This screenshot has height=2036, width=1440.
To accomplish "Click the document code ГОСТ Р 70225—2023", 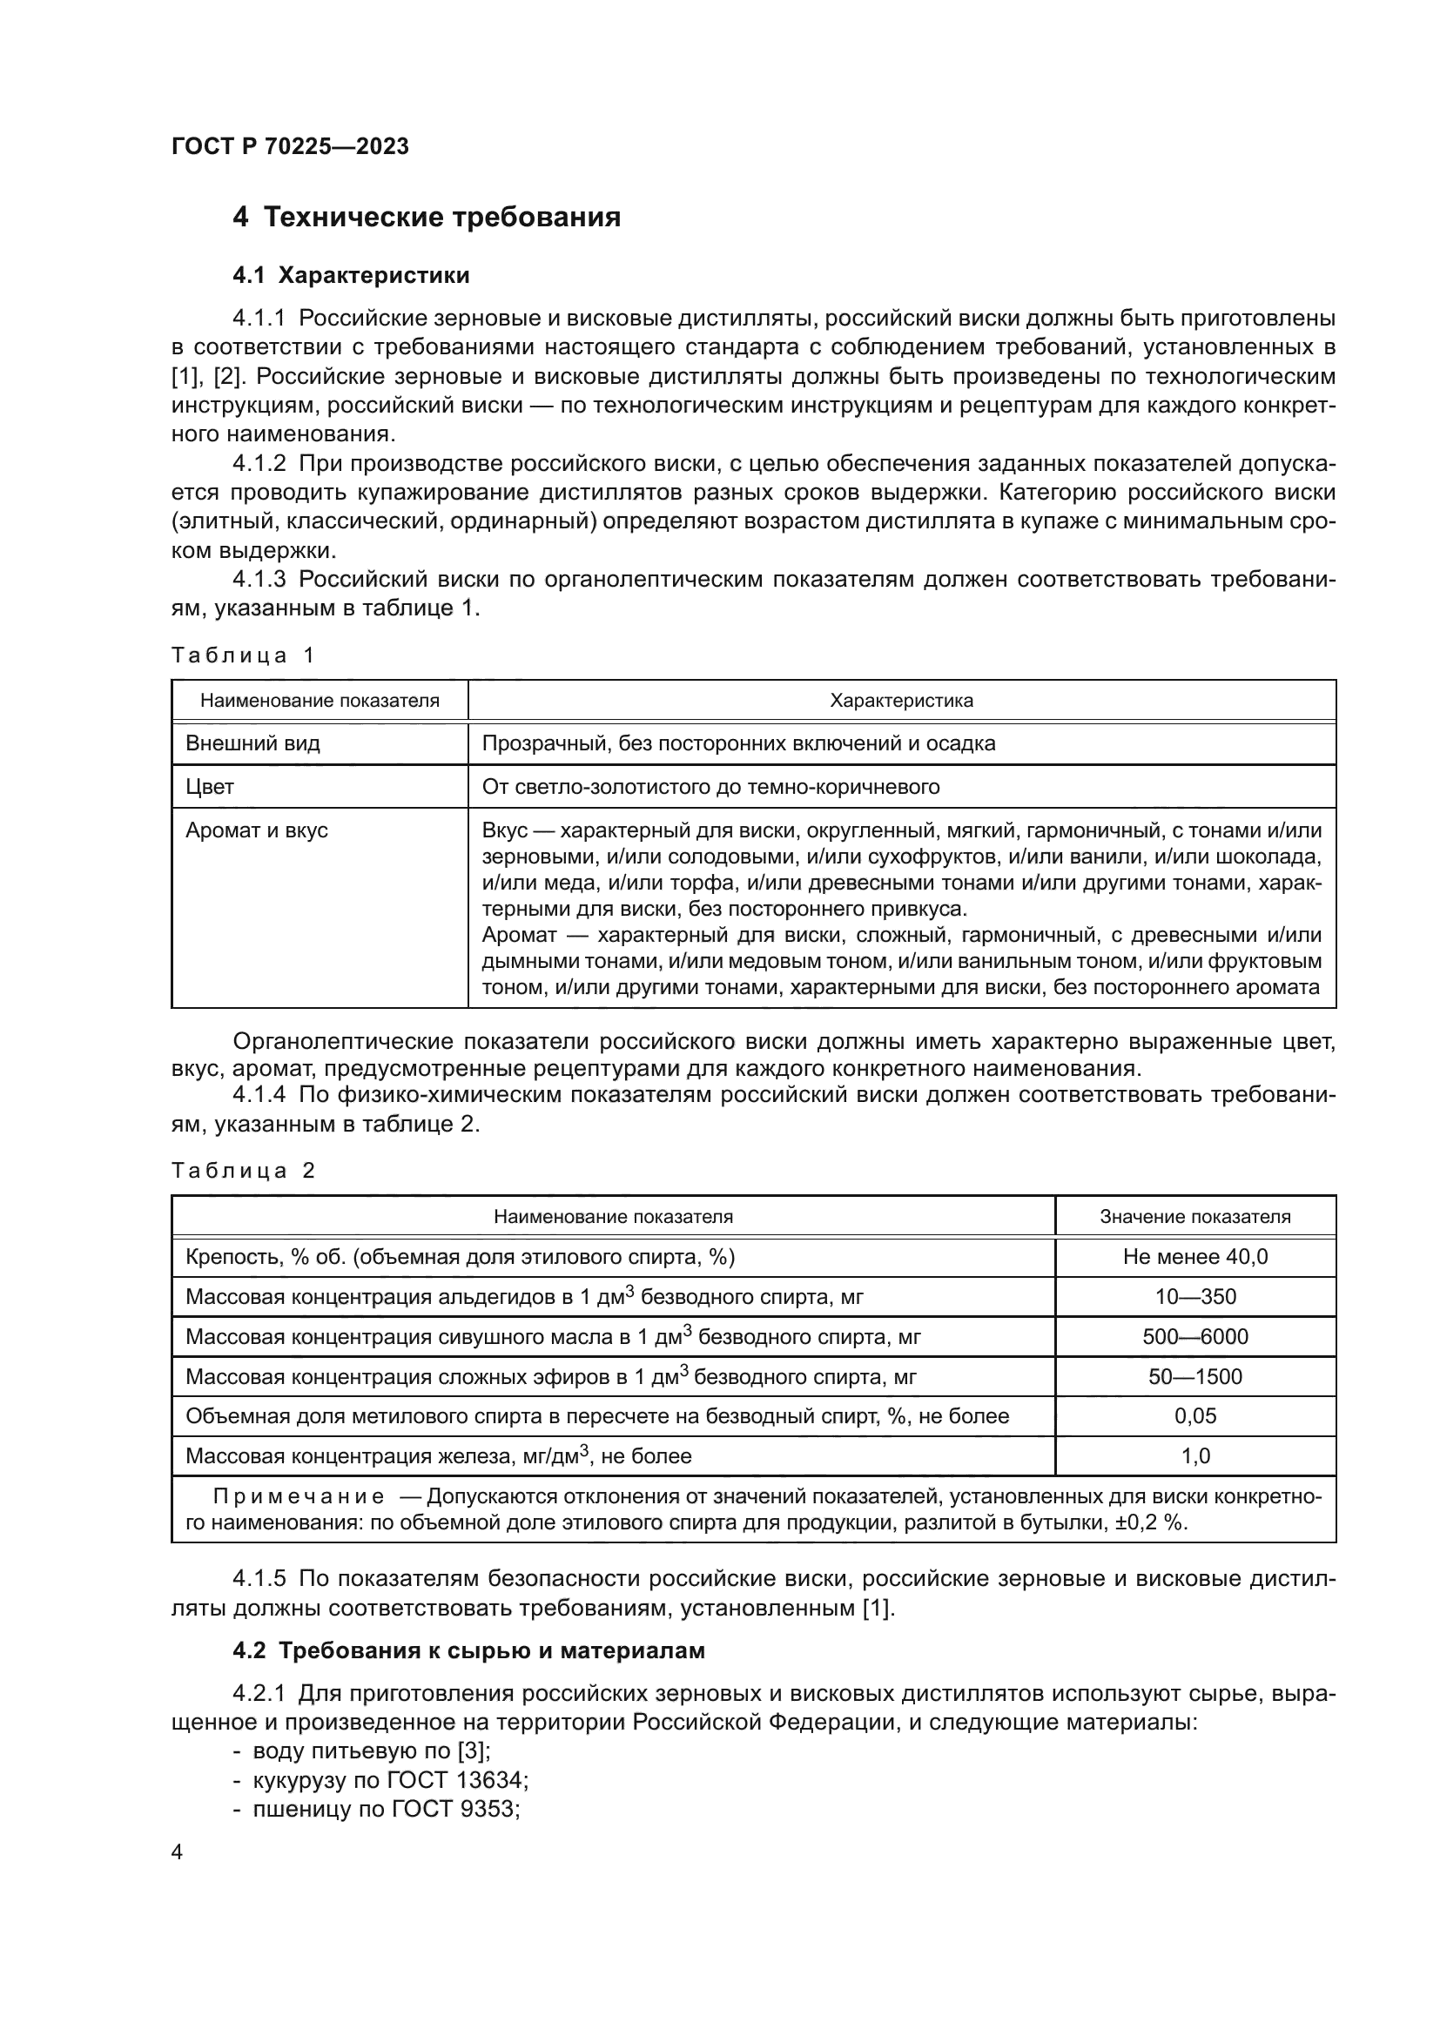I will [x=290, y=146].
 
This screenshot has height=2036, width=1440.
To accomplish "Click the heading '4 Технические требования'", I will [x=427, y=218].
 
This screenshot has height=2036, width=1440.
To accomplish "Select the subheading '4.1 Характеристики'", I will [x=351, y=276].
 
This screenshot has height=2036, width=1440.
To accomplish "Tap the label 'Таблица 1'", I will [x=243, y=655].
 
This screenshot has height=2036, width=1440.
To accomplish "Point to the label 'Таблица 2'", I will [x=243, y=1171].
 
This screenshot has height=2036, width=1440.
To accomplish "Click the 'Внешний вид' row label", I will [x=252, y=743].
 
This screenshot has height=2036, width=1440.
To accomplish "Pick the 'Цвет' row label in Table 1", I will [x=210, y=787].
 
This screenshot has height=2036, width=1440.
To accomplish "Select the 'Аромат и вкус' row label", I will [x=256, y=830].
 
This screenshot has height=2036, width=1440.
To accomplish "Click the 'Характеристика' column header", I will [x=901, y=701].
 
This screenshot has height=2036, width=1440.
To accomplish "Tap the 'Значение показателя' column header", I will [x=1194, y=1217].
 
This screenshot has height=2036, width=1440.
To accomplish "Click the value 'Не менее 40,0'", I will [x=1194, y=1257].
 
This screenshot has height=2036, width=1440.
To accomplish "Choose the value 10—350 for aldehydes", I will [x=1194, y=1296].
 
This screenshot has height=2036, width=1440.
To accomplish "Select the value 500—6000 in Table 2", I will [x=1194, y=1336].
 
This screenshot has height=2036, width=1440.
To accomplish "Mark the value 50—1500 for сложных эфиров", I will [x=1194, y=1376].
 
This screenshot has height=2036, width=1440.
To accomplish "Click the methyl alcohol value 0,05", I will [x=1194, y=1416].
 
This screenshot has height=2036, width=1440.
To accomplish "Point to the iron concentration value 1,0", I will [x=1194, y=1456].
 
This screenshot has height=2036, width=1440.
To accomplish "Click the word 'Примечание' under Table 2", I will [x=299, y=1498].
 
